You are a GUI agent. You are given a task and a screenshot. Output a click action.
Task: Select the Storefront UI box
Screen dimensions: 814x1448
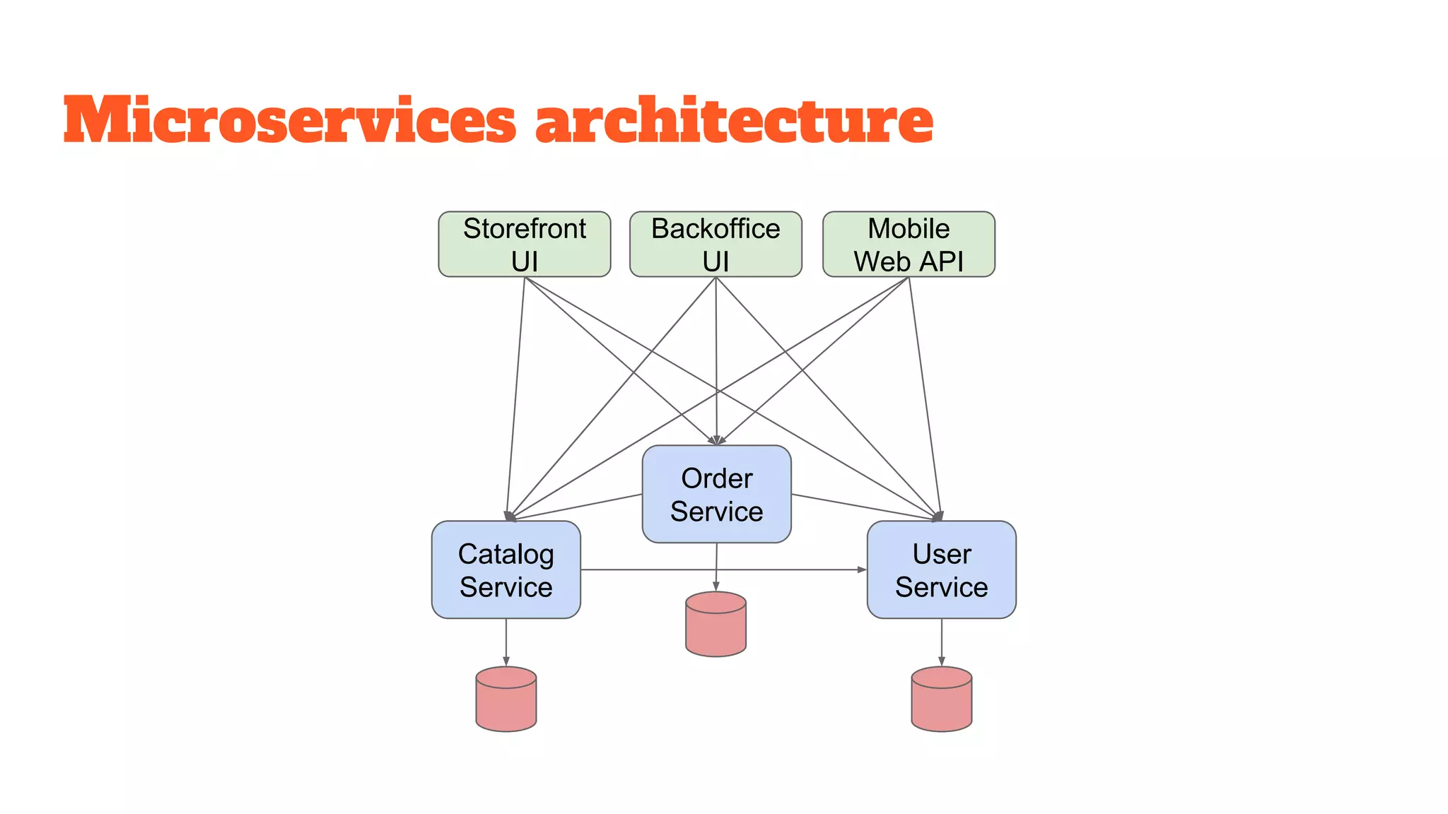[524, 244]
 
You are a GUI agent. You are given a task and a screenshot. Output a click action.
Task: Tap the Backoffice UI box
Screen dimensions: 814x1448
[716, 244]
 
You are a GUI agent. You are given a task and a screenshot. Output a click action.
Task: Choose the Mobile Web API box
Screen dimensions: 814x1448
[909, 244]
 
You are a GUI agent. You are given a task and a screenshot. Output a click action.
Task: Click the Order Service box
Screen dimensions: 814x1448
[716, 494]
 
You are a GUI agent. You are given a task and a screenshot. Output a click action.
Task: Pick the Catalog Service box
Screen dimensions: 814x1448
[506, 570]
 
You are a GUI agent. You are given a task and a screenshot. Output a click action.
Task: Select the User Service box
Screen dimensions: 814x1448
[941, 570]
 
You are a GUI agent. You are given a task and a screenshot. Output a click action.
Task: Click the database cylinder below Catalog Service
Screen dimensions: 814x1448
[506, 699]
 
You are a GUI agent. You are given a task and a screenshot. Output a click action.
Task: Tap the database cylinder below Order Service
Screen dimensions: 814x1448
[716, 625]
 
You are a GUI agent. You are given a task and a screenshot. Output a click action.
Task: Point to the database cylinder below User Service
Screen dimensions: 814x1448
[941, 699]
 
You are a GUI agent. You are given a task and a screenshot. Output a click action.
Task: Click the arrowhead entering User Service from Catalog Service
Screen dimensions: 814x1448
[863, 570]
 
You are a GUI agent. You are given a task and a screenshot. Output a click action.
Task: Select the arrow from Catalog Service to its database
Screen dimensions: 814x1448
[506, 642]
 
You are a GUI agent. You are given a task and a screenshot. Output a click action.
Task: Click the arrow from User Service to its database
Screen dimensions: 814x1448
[941, 642]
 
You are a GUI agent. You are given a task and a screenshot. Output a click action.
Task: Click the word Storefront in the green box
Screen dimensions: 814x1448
[524, 229]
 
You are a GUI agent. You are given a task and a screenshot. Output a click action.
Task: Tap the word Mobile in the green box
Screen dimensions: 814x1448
[909, 229]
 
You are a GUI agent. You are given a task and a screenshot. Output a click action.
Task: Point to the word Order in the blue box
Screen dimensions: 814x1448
[716, 478]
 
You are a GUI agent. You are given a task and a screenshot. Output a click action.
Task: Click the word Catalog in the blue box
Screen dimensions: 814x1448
[506, 554]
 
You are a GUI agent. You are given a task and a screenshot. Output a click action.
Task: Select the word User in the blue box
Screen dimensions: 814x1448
[941, 554]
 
